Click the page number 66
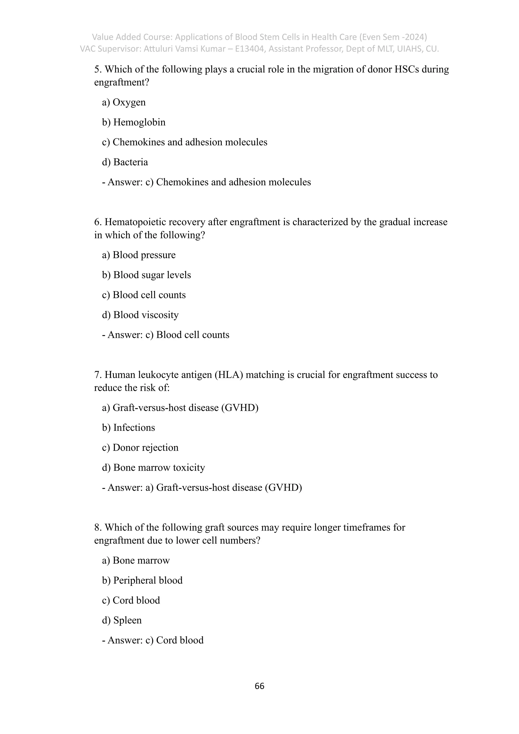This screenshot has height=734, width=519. click(x=259, y=686)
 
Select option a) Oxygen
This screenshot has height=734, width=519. click(x=124, y=102)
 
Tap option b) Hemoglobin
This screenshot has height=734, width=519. click(x=134, y=122)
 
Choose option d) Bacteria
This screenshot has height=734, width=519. click(x=125, y=162)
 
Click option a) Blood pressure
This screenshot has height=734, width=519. click(x=139, y=255)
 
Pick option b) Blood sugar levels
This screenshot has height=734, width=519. click(x=146, y=275)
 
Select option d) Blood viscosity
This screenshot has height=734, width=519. click(x=140, y=315)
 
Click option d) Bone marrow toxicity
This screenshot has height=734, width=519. click(x=153, y=467)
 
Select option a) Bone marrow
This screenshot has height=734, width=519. click(x=136, y=560)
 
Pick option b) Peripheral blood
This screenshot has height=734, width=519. click(x=142, y=580)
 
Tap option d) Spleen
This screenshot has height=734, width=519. click(x=122, y=620)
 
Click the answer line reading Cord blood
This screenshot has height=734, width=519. click(x=153, y=640)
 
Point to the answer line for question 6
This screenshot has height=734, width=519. click(x=165, y=335)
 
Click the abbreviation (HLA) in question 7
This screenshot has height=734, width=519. click(x=229, y=375)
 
